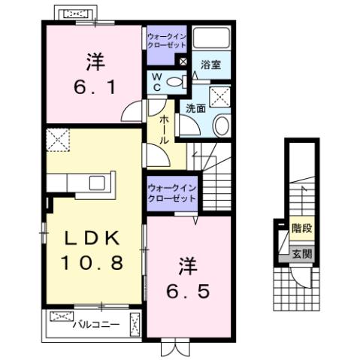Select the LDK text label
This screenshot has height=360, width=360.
(x=92, y=239)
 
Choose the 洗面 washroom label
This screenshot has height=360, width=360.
(x=195, y=108)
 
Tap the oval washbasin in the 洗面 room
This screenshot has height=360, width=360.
(x=220, y=126)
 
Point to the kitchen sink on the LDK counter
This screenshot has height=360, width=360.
(x=98, y=183)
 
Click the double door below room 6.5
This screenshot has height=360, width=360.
(x=173, y=347)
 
